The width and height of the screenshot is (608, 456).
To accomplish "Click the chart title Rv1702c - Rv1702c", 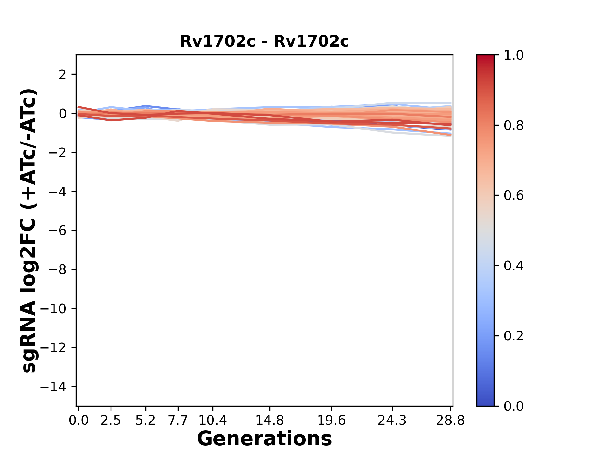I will pos(264,41).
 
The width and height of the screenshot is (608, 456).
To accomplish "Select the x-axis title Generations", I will pos(264,439).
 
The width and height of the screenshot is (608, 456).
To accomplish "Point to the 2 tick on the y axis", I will pos(62,75).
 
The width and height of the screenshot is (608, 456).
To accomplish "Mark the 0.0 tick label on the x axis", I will pos(79,421).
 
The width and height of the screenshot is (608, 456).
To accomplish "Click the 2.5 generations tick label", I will pos(111,421).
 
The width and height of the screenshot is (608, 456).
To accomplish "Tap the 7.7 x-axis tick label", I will pos(178,421).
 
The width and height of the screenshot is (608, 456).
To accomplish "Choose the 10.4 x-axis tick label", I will pos(213,421).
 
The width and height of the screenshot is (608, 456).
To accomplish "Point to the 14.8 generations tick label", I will pos(270,421).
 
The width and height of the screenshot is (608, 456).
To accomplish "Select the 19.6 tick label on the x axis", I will pos(332,421).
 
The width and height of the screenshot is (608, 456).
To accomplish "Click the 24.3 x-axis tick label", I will pos(392,421).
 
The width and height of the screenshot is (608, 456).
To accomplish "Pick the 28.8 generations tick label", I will pos(450,421).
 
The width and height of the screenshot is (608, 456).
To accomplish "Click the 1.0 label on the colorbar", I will pos(514,55).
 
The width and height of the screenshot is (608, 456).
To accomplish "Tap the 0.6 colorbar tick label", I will pos(514,196).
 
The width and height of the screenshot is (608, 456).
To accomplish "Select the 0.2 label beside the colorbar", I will pos(514,336).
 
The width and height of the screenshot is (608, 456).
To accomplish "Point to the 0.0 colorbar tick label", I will pos(514,406).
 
